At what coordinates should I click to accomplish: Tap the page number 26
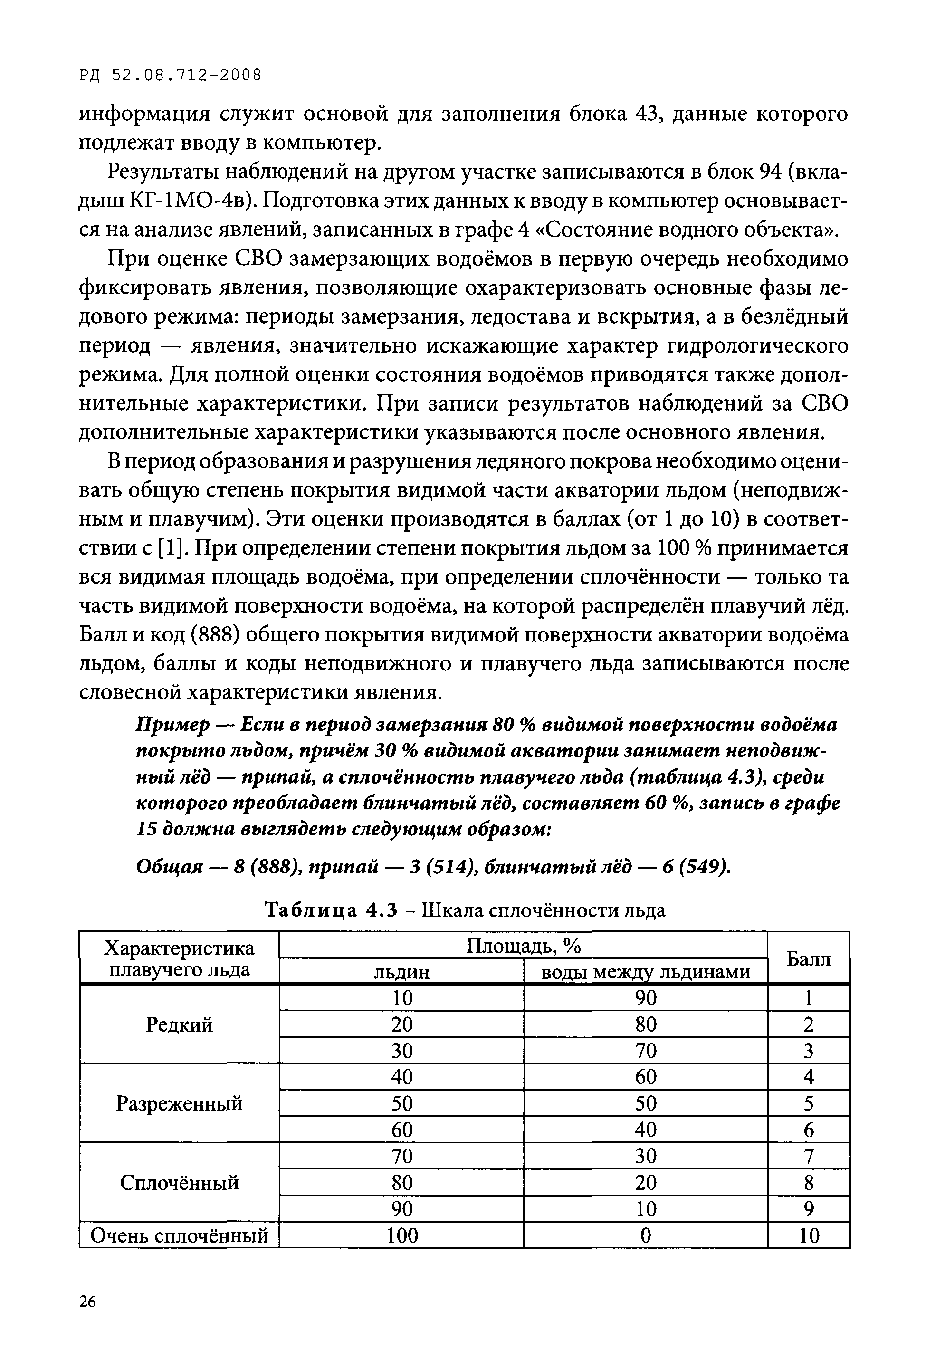[87, 1301]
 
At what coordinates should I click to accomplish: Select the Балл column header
[808, 959]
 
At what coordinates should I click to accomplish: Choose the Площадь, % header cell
[523, 946]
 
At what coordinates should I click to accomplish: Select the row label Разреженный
[179, 1103]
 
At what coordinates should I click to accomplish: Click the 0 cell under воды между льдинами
[646, 1235]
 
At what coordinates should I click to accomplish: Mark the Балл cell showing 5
[809, 1103]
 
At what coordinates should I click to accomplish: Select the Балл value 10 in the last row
[809, 1235]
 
